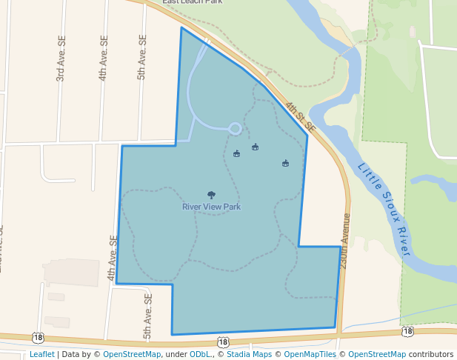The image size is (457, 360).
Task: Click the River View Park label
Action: (211, 207)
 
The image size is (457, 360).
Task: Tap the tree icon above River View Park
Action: (211, 196)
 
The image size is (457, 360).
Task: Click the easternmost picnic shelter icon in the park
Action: (285, 163)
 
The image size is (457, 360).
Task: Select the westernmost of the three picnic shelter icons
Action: (236, 154)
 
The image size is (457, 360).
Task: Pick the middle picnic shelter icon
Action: (255, 147)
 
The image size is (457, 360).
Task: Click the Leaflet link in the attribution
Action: (41, 354)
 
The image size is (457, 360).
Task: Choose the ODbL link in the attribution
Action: (200, 354)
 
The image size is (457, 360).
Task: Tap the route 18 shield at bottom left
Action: (37, 339)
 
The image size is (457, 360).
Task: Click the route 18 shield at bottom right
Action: (407, 331)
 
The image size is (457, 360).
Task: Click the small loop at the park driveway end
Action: (234, 129)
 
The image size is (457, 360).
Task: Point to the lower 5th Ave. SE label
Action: (147, 316)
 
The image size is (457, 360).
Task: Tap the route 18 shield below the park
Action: (223, 341)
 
